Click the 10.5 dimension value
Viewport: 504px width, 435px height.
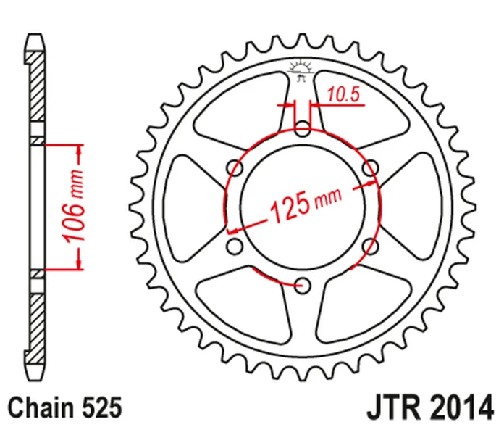pos(343,95)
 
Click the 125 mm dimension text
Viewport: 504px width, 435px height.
pos(306,204)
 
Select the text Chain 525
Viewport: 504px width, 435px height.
pos(65,407)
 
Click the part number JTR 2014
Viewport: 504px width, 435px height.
pos(430,407)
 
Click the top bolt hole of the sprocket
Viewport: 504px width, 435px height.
pos(303,128)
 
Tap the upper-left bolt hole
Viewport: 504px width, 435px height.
pos(235,167)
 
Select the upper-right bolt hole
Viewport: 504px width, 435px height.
pos(370,167)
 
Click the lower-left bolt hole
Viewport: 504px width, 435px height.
pos(235,246)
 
